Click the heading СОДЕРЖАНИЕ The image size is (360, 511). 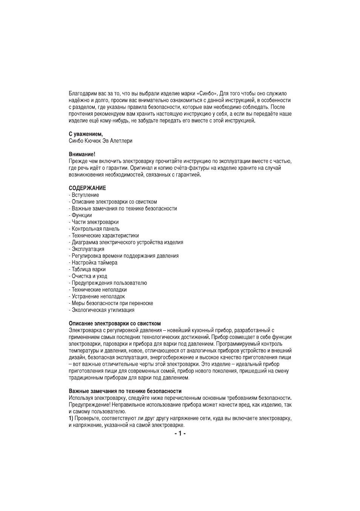click(87, 188)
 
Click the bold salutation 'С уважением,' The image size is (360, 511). click(86, 134)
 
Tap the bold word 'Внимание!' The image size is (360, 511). click(82, 155)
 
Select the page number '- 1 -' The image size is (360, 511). click(180, 434)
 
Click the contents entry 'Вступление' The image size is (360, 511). click(85, 195)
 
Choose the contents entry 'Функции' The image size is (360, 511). click(82, 215)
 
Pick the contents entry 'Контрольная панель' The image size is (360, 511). click(95, 229)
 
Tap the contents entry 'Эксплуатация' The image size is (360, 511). click(88, 249)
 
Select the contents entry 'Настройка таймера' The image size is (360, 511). click(94, 263)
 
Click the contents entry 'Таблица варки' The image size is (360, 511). click(89, 270)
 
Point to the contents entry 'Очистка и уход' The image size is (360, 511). click(89, 276)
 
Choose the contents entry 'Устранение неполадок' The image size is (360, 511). click(98, 297)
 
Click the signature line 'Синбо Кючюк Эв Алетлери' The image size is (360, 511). click(100, 141)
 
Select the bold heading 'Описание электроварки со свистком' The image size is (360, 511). click(115, 324)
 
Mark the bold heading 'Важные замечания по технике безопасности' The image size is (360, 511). click(125, 391)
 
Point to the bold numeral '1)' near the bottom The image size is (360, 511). click(71, 418)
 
